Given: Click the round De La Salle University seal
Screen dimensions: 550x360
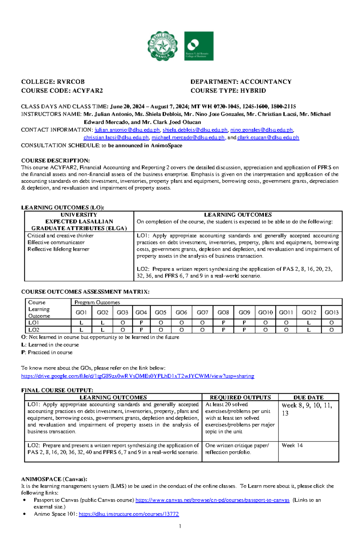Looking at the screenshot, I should point(163,46).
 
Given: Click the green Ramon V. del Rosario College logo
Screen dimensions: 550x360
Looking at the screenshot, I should point(199,46).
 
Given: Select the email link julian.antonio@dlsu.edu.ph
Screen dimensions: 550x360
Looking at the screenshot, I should point(127,130).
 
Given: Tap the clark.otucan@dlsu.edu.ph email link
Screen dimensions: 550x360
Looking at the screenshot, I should point(268,138).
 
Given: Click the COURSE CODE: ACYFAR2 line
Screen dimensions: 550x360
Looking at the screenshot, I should point(62,91).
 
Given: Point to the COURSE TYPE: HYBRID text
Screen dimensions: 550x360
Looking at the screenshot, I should point(228,91).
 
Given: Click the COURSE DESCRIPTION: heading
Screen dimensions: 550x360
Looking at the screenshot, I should point(55,161).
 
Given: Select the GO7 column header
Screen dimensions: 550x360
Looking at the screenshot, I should point(202,312).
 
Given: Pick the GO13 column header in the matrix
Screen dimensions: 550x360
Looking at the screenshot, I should point(331,312).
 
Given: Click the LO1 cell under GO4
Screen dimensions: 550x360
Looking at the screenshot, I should point(141,323).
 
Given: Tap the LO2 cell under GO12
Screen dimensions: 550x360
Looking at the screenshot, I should point(309,330).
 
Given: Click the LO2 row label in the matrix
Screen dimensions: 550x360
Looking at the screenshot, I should point(34,330).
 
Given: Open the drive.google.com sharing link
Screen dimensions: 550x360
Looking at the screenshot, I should point(137,376).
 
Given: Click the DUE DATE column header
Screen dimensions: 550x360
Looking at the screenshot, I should point(308,397).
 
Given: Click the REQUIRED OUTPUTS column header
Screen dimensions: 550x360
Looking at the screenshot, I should point(240,397).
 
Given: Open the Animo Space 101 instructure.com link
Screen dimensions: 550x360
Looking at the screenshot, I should point(129,514).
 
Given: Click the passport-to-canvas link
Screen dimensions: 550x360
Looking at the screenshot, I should point(212,500).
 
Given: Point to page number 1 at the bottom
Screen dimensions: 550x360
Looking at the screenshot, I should point(180,526).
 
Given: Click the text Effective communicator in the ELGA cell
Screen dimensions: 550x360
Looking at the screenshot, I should point(56,242).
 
